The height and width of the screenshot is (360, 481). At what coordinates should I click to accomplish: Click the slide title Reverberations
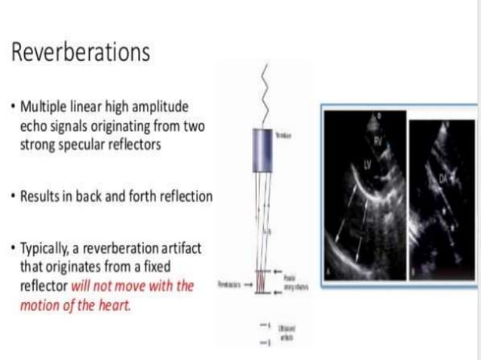(81, 53)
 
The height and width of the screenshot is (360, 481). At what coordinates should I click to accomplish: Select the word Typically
(47, 249)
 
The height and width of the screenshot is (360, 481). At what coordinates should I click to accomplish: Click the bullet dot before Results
(14, 197)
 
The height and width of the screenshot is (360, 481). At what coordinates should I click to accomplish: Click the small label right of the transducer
(286, 135)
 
